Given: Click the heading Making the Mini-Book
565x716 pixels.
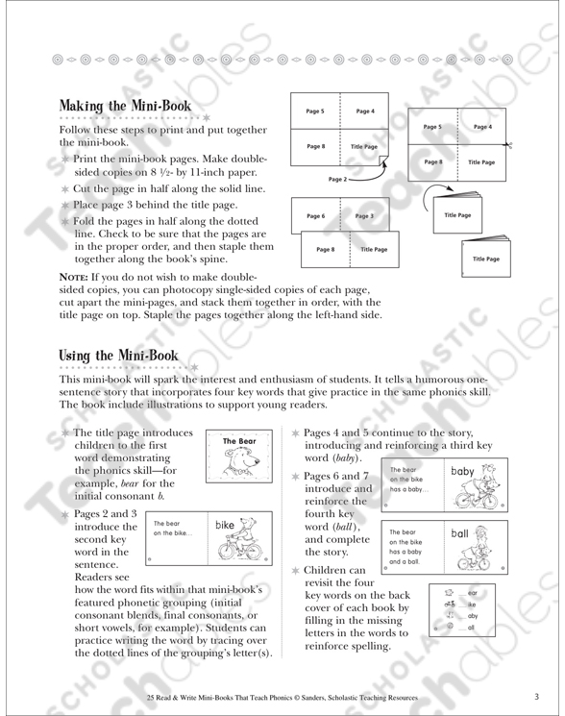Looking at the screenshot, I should pyautogui.click(x=125, y=106).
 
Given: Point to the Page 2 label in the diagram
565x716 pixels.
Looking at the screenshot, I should pyautogui.click(x=337, y=179).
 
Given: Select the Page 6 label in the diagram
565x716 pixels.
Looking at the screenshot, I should pyautogui.click(x=316, y=216).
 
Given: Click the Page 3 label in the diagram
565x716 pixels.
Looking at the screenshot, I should pyautogui.click(x=363, y=216).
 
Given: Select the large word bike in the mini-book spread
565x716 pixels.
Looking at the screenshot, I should pyautogui.click(x=224, y=526).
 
